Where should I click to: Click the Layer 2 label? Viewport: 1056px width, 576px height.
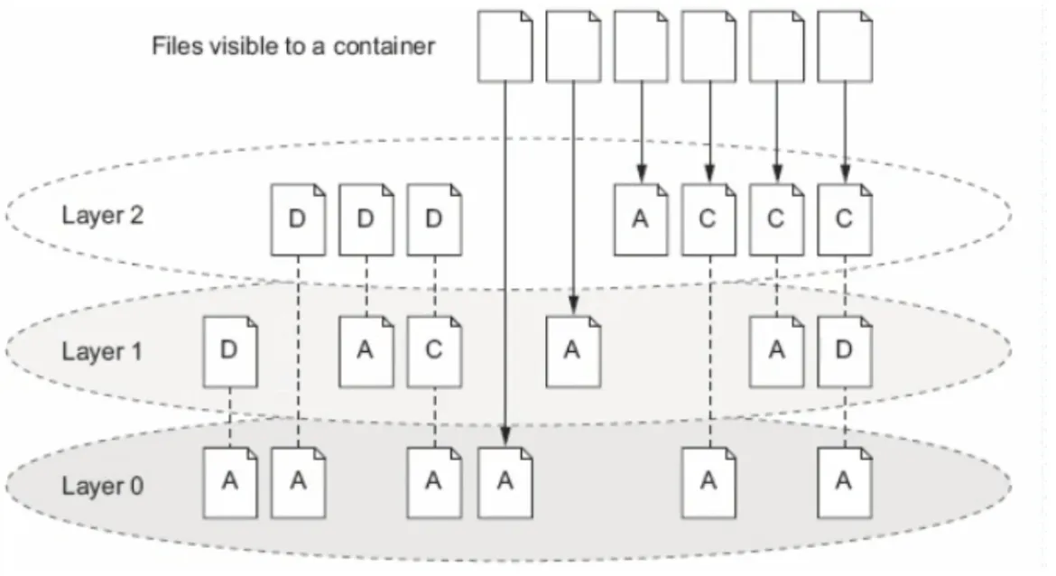[102, 216]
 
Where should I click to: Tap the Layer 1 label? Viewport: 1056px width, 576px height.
[102, 351]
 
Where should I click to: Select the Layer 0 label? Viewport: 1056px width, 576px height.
[102, 486]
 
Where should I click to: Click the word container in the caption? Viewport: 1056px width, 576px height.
[384, 46]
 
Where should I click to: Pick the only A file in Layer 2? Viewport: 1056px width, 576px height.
[641, 219]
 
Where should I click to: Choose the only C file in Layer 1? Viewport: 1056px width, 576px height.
[434, 351]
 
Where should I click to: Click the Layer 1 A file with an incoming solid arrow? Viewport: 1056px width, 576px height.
[572, 351]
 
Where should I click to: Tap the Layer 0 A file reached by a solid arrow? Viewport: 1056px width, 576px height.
[505, 482]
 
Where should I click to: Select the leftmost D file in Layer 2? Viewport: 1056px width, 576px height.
[298, 219]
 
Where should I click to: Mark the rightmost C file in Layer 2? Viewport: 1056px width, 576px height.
[845, 219]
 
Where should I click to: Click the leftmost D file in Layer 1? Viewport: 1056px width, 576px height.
[229, 351]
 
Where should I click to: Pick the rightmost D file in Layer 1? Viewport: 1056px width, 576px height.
[845, 351]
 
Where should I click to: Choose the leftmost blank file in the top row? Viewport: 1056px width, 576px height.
[505, 46]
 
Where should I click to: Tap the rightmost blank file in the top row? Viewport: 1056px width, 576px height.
[845, 46]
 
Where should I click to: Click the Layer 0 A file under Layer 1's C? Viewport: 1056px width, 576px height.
[434, 482]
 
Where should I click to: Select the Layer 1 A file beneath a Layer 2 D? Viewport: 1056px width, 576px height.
[366, 351]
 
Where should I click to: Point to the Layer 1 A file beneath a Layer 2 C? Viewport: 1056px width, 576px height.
[776, 351]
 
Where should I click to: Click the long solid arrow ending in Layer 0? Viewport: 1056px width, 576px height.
[505, 265]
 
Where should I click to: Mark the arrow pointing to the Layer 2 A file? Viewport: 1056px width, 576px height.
[641, 133]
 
